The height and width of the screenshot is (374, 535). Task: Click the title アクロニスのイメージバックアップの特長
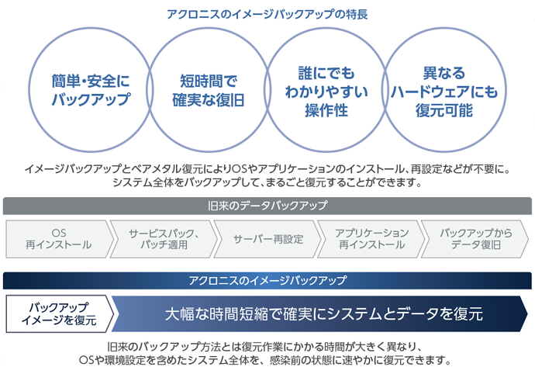[x=267, y=14]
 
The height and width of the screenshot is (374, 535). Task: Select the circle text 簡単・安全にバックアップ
[x=91, y=90]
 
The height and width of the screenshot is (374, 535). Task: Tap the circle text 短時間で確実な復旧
[x=208, y=91]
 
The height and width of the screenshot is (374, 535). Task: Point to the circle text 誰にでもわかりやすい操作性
[x=326, y=92]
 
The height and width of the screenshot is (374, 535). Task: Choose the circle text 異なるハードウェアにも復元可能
[x=444, y=92]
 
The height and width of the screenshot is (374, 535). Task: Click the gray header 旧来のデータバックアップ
[x=267, y=206]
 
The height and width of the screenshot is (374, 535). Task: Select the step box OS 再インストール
[x=59, y=239]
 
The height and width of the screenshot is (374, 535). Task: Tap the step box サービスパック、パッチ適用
[x=164, y=239]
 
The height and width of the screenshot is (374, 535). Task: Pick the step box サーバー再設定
[x=267, y=239]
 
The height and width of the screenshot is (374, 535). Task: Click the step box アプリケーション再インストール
[x=371, y=239]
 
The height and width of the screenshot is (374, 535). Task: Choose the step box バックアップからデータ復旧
[x=475, y=239]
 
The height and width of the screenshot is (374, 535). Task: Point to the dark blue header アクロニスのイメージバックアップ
[x=267, y=281]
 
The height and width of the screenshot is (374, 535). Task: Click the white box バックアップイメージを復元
[x=59, y=314]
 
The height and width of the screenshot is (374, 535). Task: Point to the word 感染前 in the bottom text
[x=289, y=360]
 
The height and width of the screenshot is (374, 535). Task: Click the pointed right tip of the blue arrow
[x=527, y=314]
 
